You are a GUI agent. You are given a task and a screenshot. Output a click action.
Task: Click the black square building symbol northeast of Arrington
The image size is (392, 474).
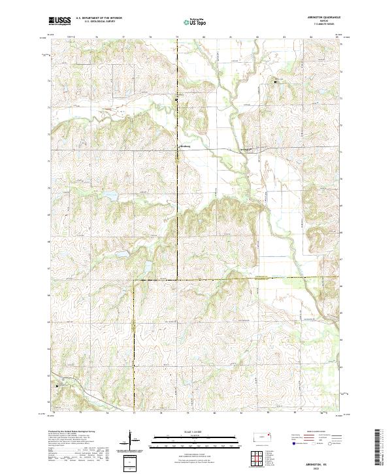coord(275,82)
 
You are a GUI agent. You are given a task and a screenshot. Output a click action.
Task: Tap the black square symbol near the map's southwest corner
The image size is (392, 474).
coord(57,385)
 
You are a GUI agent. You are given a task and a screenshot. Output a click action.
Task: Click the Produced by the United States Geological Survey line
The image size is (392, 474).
coord(74,432)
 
